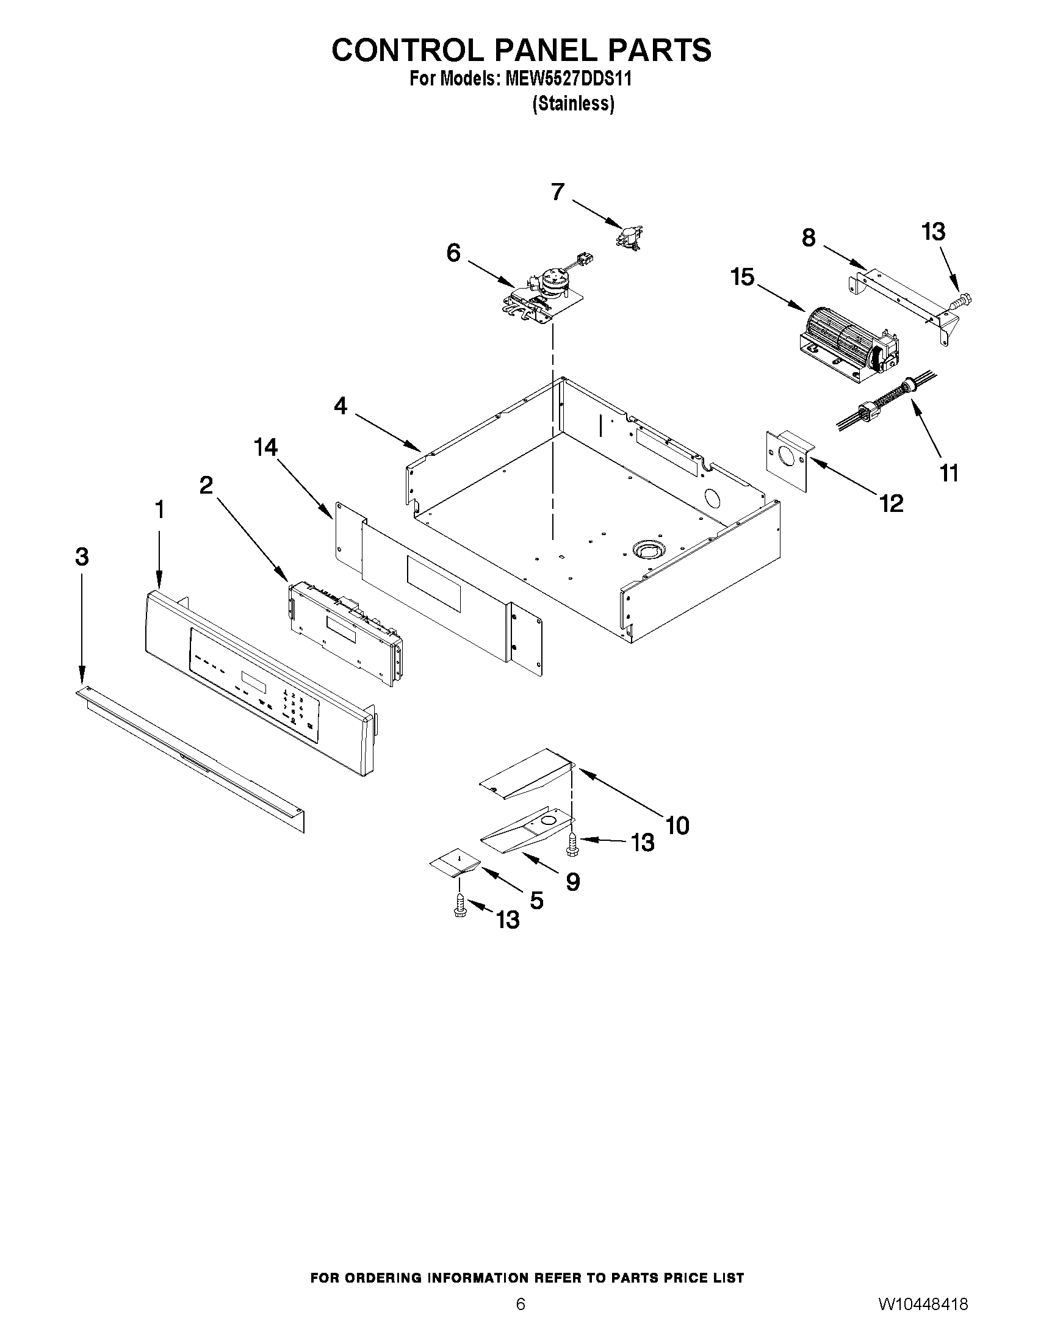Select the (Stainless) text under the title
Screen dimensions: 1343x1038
coord(572,104)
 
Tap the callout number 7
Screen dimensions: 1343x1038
coord(557,192)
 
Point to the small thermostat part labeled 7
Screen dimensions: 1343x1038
coord(629,236)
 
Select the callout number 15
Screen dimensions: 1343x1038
coord(742,278)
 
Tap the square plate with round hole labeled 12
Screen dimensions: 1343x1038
coord(788,459)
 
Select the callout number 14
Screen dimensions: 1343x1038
coord(265,448)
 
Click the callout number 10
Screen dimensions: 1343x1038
coord(677,825)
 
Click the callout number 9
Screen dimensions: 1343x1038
coord(572,882)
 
